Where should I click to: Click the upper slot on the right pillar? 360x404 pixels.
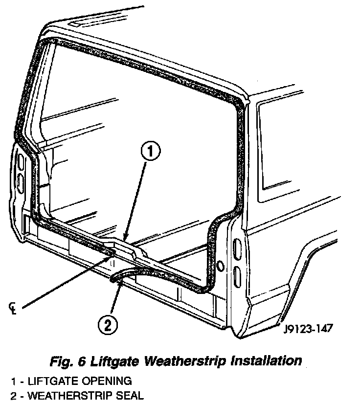pos(238,250)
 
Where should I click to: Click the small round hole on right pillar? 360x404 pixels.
pos(221,266)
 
